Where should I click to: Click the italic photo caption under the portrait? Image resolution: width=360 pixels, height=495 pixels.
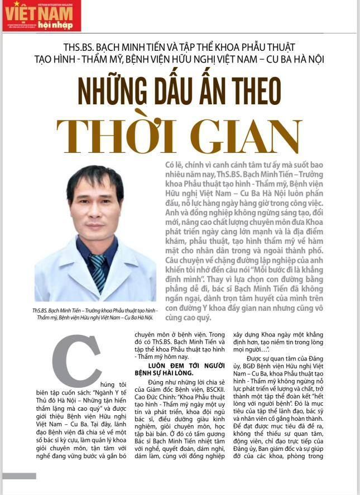coord(95,314)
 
